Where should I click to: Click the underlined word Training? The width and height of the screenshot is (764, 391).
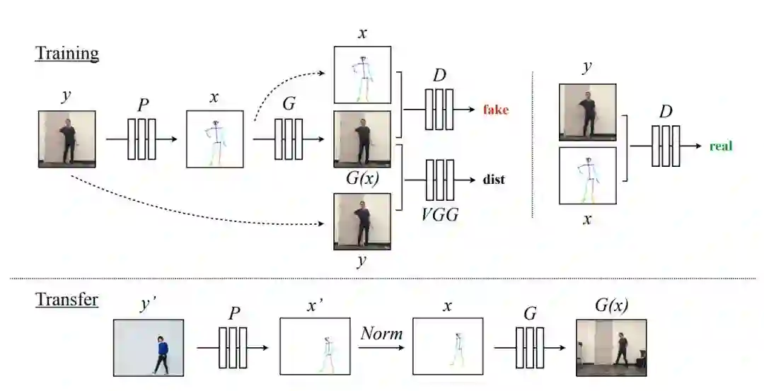point(67,53)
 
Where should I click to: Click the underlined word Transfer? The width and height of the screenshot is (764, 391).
point(67,299)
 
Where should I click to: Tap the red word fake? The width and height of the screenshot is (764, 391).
point(496,110)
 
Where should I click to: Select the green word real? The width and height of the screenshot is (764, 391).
point(721,146)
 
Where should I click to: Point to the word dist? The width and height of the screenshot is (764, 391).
point(494,180)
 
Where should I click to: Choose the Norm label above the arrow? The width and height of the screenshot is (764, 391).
point(381,332)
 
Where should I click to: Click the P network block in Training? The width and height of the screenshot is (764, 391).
point(141,139)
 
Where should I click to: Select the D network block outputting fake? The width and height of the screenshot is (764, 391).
point(439,110)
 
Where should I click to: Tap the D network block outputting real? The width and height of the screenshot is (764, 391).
point(666,146)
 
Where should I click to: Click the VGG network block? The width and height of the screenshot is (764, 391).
point(439,180)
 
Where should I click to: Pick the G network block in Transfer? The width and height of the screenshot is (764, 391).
point(530,347)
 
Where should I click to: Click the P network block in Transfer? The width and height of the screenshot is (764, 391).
point(233,347)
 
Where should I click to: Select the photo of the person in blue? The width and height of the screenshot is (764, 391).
point(149,347)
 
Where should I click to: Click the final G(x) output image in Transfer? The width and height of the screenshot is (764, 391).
point(611,347)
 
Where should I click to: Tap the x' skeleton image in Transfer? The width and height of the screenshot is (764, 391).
point(315,347)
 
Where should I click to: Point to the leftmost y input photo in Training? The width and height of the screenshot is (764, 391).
point(66,139)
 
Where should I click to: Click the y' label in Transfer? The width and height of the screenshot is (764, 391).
point(149,305)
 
